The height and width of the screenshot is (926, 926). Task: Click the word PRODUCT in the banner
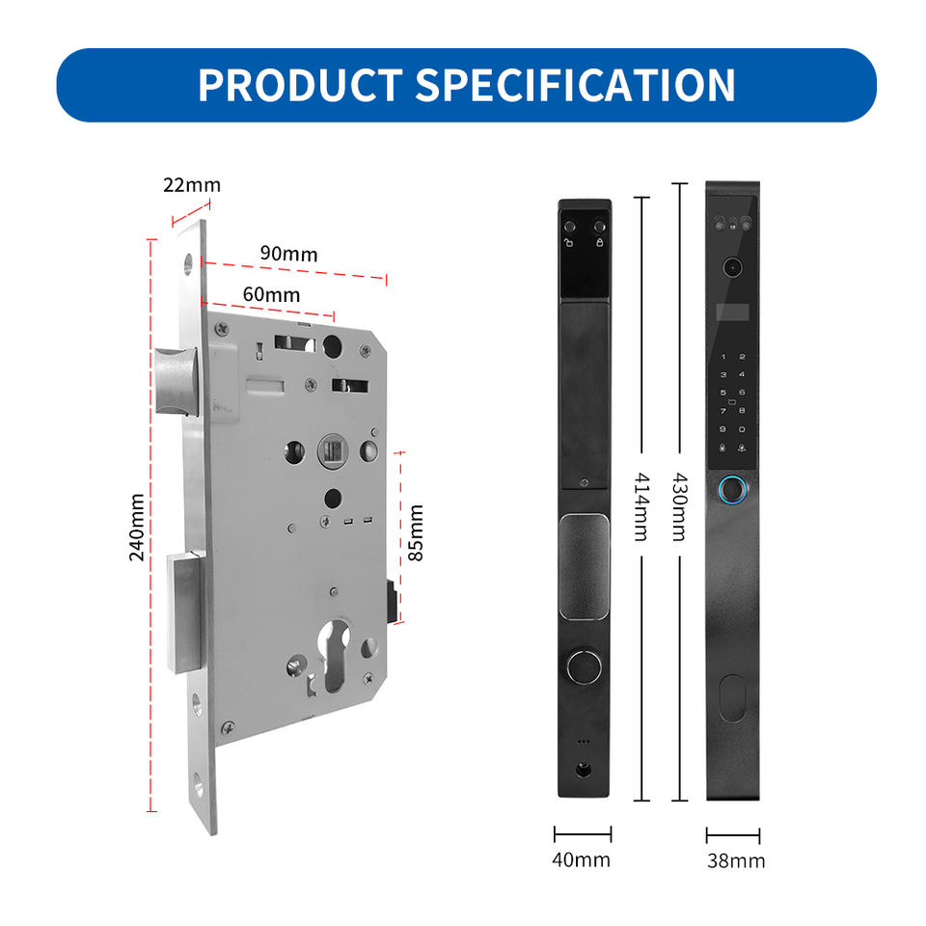[x=300, y=85]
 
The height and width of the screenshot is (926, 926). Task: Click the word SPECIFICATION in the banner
[x=576, y=85]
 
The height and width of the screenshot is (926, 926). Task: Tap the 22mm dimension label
[x=192, y=185]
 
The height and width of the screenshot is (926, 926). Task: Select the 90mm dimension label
[x=288, y=254]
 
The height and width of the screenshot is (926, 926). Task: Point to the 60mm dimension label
[x=271, y=294]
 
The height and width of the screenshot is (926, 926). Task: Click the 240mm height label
[x=136, y=528]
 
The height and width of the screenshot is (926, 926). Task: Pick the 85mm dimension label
[x=416, y=532]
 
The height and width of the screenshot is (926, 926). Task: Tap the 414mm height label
[x=641, y=506]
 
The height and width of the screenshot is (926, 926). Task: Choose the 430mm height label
[x=680, y=506]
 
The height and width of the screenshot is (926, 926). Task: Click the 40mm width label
[x=581, y=859]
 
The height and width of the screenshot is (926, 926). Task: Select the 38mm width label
[x=736, y=861]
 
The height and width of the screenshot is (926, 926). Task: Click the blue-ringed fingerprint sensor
[x=733, y=490]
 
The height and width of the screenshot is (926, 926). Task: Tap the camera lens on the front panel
[x=732, y=267]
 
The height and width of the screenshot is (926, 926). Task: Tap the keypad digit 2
[x=743, y=357]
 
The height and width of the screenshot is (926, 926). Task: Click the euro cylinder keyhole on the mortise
[x=334, y=654]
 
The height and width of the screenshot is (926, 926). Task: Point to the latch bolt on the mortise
[x=176, y=381]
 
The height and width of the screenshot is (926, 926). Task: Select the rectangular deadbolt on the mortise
[x=185, y=613]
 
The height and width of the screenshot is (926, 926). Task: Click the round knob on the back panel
[x=584, y=667]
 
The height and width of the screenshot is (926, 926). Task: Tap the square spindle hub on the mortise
[x=333, y=451]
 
